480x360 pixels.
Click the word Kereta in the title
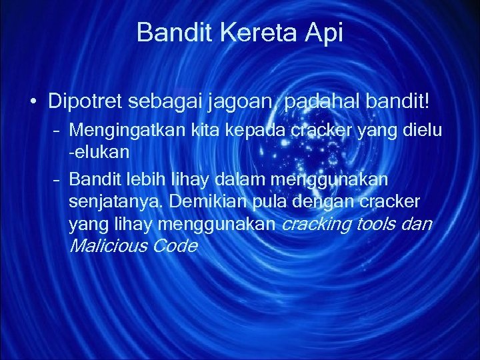pyautogui.click(x=248, y=32)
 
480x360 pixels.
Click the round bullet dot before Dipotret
pyautogui.click(x=32, y=103)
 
